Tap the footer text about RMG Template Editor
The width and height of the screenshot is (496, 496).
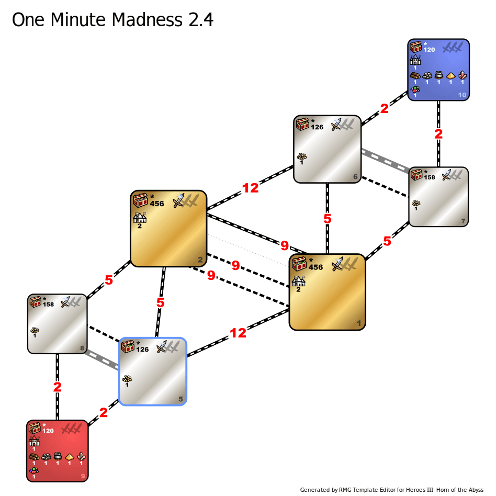pos(391,490)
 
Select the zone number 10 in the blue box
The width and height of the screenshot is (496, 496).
pos(462,95)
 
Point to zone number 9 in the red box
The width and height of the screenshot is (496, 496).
pos(82,476)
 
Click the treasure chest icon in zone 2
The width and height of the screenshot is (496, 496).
pos(140,200)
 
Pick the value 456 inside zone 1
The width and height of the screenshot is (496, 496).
pos(316,267)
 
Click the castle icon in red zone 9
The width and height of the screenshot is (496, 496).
pos(34,441)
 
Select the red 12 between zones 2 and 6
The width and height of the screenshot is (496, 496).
pos(250,188)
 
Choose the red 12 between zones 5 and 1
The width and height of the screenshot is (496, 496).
pos(238,333)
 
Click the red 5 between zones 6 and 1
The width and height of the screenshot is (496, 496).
pos(328,219)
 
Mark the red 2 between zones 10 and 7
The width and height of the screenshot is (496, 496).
pos(438,134)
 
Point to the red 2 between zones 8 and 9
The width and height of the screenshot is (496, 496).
pos(58,388)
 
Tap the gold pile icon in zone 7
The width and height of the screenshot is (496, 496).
pos(416,203)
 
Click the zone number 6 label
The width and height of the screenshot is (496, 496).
pos(355,177)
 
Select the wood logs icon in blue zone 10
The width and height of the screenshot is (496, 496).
pos(415,75)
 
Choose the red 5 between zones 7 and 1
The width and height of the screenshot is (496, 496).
pos(387,241)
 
